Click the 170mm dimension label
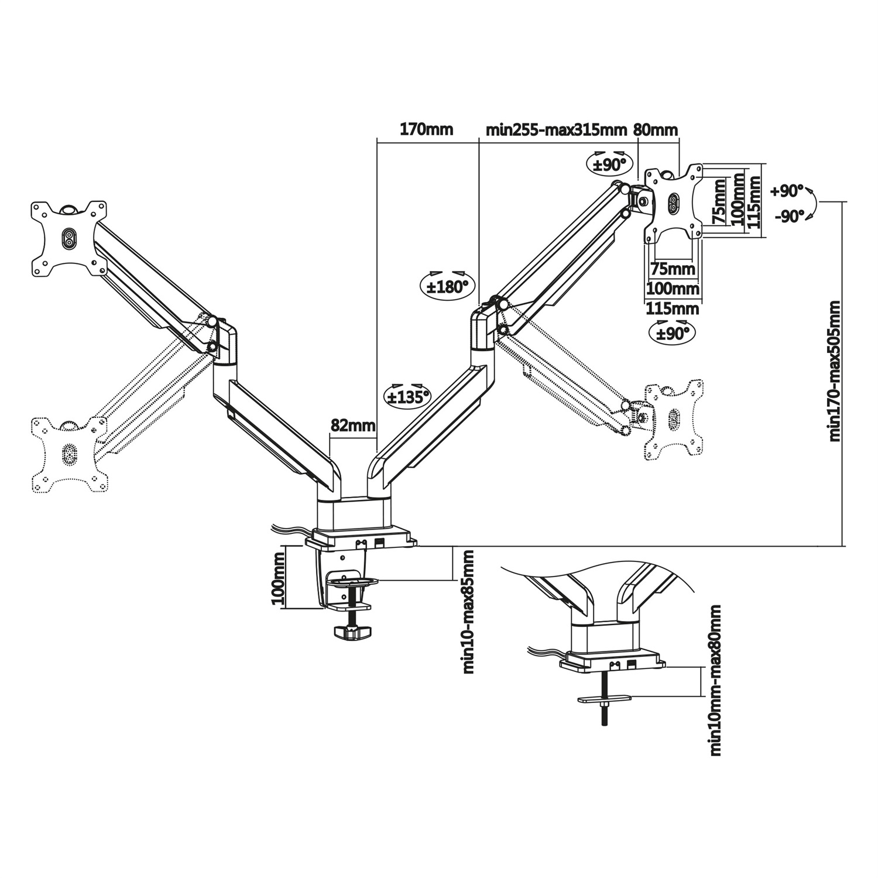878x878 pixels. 426,129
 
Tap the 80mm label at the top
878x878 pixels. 656,129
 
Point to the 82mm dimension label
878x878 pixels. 352,426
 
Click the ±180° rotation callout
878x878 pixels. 448,286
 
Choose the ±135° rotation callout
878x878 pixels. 406,396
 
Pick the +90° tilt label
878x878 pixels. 787,191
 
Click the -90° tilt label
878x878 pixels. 788,217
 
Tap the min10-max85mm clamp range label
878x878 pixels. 468,611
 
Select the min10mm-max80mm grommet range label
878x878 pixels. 715,681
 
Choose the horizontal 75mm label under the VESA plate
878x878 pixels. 673,270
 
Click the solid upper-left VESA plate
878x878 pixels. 69,238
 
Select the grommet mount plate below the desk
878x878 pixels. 605,698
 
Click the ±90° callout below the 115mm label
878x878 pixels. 671,332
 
